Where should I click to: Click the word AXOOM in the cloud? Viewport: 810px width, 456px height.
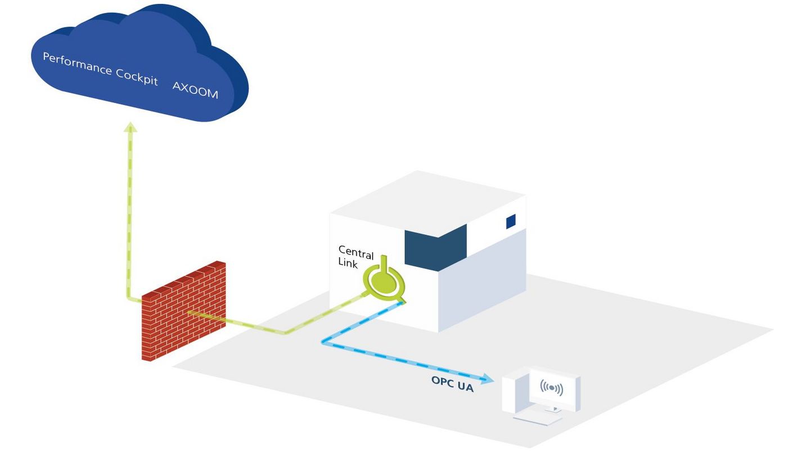(x=195, y=90)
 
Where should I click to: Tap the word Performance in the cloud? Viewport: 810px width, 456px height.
(x=77, y=64)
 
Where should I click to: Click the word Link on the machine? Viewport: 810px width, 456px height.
(x=348, y=263)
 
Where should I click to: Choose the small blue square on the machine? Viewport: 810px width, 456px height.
(x=511, y=222)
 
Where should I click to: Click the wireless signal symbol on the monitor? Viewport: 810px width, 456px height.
(x=551, y=388)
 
